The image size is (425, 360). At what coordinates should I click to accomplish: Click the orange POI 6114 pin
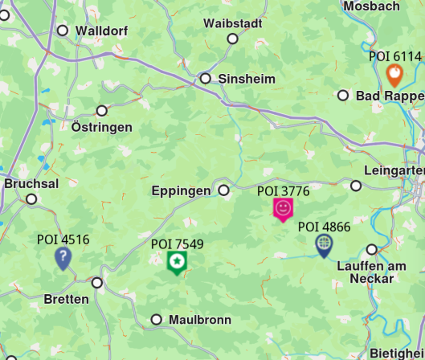pyautogui.click(x=394, y=76)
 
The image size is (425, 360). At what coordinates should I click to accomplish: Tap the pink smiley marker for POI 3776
pyautogui.click(x=283, y=209)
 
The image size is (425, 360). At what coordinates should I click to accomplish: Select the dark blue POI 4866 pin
pyautogui.click(x=324, y=244)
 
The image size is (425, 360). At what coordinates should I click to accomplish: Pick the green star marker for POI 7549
pyautogui.click(x=177, y=261)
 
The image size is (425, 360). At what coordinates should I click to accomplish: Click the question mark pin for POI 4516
pyautogui.click(x=63, y=257)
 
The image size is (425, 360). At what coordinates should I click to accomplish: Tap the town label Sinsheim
pyautogui.click(x=247, y=79)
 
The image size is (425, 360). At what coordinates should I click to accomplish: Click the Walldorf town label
pyautogui.click(x=103, y=31)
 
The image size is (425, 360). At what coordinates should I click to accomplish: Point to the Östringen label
pyautogui.click(x=102, y=127)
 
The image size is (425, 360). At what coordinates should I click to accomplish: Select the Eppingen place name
pyautogui.click(x=181, y=191)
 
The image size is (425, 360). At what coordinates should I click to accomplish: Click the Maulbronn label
pyautogui.click(x=199, y=320)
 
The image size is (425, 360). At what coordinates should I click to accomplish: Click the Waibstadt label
pyautogui.click(x=233, y=23)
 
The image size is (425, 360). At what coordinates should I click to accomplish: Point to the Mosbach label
pyautogui.click(x=371, y=6)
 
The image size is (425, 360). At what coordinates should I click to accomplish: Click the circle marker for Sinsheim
pyautogui.click(x=206, y=79)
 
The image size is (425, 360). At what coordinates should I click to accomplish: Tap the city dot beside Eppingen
pyautogui.click(x=224, y=190)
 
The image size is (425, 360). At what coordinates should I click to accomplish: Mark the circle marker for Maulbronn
pyautogui.click(x=157, y=320)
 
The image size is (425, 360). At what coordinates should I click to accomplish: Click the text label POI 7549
pyautogui.click(x=177, y=244)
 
